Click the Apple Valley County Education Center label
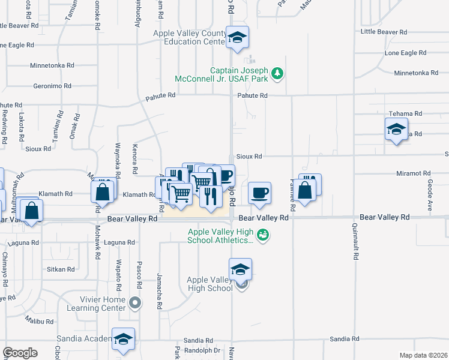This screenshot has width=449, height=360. click(188, 38)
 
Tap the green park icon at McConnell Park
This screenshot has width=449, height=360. click(277, 74)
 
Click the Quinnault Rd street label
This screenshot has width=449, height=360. click(356, 246)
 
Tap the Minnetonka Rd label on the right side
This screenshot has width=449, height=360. click(416, 73)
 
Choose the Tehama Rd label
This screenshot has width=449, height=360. click(405, 113)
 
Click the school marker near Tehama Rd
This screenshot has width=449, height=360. click(396, 129)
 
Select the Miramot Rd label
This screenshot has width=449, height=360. click(410, 173)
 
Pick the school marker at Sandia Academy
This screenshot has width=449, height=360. click(123, 339)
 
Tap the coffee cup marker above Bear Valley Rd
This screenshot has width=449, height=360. click(259, 193)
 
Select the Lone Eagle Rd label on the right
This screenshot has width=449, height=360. click(405, 53)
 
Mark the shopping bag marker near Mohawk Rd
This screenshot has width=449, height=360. click(103, 192)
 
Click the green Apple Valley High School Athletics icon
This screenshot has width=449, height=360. click(262, 235)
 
